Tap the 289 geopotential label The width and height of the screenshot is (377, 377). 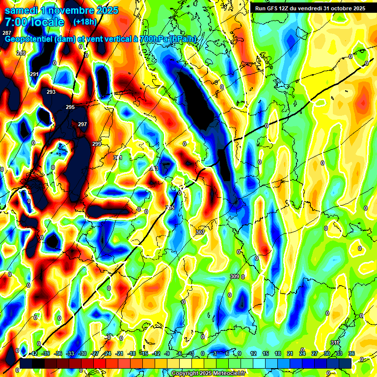[x=21, y=53]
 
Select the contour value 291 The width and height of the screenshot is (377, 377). [x=34, y=74]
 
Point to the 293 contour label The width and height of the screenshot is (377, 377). [x=51, y=92]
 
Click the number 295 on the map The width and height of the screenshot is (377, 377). [x=70, y=107]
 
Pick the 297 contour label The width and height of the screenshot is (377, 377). [x=82, y=124]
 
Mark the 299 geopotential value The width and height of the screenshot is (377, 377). [x=97, y=143]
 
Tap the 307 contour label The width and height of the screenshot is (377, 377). [x=200, y=232]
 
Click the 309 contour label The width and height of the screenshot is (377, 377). [x=234, y=276]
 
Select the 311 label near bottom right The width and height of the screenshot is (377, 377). [x=335, y=342]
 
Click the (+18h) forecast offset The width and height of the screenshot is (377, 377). [x=85, y=22]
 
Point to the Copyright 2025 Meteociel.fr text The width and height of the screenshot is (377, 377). [x=208, y=374]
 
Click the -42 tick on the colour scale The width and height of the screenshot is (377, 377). [x=34, y=353]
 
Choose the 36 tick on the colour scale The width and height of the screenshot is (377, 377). [x=351, y=353]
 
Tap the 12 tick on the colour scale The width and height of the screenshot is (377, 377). [x=253, y=353]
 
